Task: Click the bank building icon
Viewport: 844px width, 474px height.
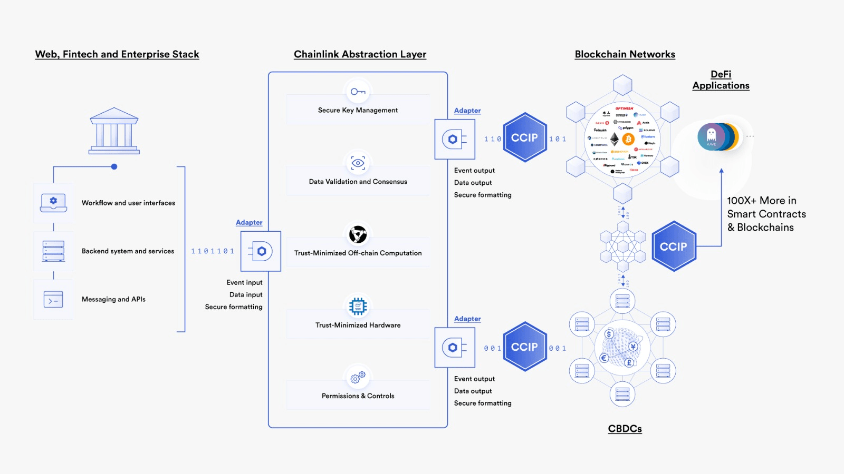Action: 114,131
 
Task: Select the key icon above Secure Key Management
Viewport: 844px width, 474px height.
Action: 358,92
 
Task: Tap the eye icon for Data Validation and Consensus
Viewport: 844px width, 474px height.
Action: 358,163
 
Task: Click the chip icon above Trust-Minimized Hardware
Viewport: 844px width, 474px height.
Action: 358,306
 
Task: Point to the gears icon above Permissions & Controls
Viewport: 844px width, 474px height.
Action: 358,377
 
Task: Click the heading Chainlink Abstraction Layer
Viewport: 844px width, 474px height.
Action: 360,54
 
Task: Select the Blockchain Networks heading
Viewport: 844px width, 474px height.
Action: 625,54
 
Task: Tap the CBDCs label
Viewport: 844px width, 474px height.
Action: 625,429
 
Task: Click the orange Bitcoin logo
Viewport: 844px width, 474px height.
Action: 628,139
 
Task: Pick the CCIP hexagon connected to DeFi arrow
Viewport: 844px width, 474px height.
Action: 674,246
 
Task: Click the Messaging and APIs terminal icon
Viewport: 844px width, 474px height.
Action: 53,300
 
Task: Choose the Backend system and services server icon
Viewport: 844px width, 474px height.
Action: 53,251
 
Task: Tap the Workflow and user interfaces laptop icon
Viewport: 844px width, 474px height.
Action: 53,202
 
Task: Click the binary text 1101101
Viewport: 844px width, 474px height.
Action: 213,251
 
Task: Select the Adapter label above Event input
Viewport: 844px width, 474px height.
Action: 249,223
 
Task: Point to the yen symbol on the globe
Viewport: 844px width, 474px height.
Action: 633,347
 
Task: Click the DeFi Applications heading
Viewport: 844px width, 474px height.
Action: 721,80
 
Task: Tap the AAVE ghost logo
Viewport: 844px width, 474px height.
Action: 711,136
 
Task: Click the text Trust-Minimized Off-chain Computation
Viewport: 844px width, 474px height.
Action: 358,253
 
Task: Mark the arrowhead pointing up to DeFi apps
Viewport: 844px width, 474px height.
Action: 721,171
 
